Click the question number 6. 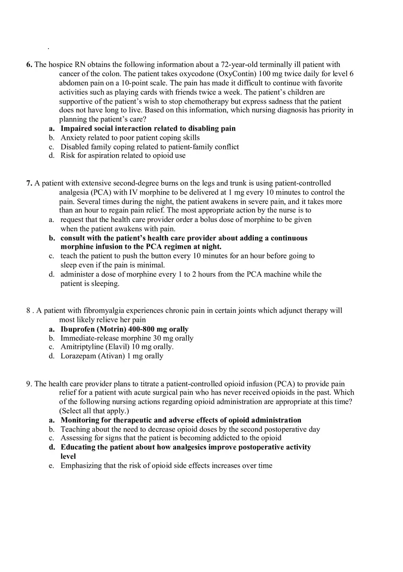click(29, 65)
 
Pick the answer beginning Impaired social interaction click(148, 128)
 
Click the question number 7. click(29, 183)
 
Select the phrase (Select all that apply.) click(94, 411)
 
